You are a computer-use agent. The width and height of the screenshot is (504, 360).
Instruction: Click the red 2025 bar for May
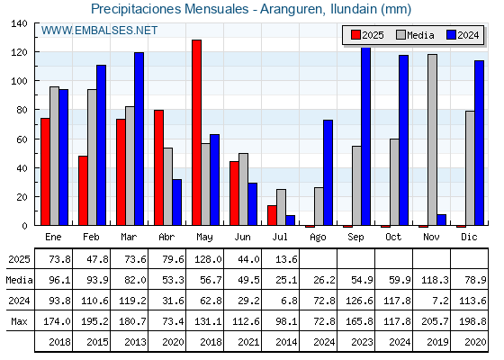tap(197, 132)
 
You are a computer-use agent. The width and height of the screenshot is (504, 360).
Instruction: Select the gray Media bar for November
tap(432, 139)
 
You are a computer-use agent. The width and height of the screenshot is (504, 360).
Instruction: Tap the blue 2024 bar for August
tap(328, 173)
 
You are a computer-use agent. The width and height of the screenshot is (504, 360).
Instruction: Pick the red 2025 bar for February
tap(83, 191)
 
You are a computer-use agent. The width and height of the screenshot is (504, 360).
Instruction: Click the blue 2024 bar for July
tap(290, 220)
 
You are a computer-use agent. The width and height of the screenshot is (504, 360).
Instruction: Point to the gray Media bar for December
tap(470, 168)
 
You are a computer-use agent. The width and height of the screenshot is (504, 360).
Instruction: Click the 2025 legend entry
tap(367, 35)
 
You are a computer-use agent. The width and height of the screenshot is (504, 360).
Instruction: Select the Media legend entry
tap(415, 35)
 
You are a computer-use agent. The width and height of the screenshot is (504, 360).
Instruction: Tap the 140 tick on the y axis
tap(19, 23)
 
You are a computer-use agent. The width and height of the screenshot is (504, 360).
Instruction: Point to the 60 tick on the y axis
tap(22, 139)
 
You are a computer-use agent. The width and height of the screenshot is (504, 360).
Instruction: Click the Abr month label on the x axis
tap(166, 237)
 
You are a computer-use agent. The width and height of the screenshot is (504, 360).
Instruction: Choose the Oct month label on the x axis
tap(393, 237)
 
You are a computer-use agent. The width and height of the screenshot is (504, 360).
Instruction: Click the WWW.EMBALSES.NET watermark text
tap(99, 31)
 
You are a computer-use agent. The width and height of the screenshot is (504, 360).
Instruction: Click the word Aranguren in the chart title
tap(292, 9)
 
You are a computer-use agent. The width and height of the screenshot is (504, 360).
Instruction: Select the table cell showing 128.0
tap(208, 259)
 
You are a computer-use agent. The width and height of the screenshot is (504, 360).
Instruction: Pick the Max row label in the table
tap(19, 321)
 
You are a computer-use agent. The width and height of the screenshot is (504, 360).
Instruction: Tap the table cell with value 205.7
tap(435, 321)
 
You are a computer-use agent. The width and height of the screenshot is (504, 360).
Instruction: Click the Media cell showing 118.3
tap(435, 280)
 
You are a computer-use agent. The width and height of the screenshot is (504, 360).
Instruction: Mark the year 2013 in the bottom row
tap(135, 342)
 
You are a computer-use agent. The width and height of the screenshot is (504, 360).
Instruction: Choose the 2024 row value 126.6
tap(359, 301)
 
